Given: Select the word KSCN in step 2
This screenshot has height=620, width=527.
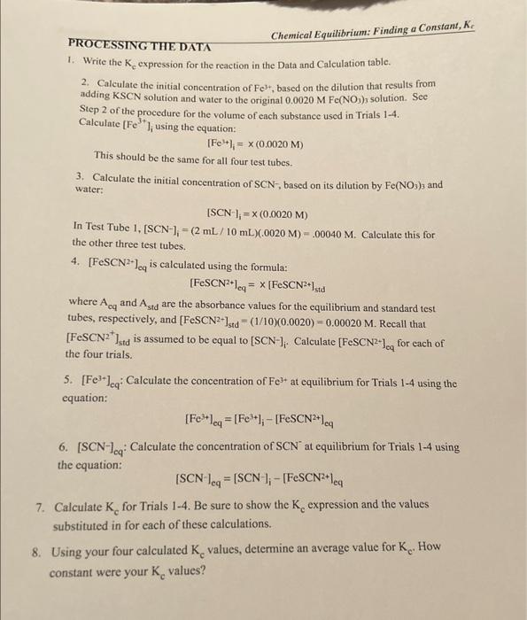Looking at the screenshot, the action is click(x=129, y=94).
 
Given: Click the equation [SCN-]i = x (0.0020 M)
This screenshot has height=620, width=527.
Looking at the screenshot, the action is click(x=257, y=215).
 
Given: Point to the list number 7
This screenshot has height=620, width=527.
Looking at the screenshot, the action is click(x=40, y=510).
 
